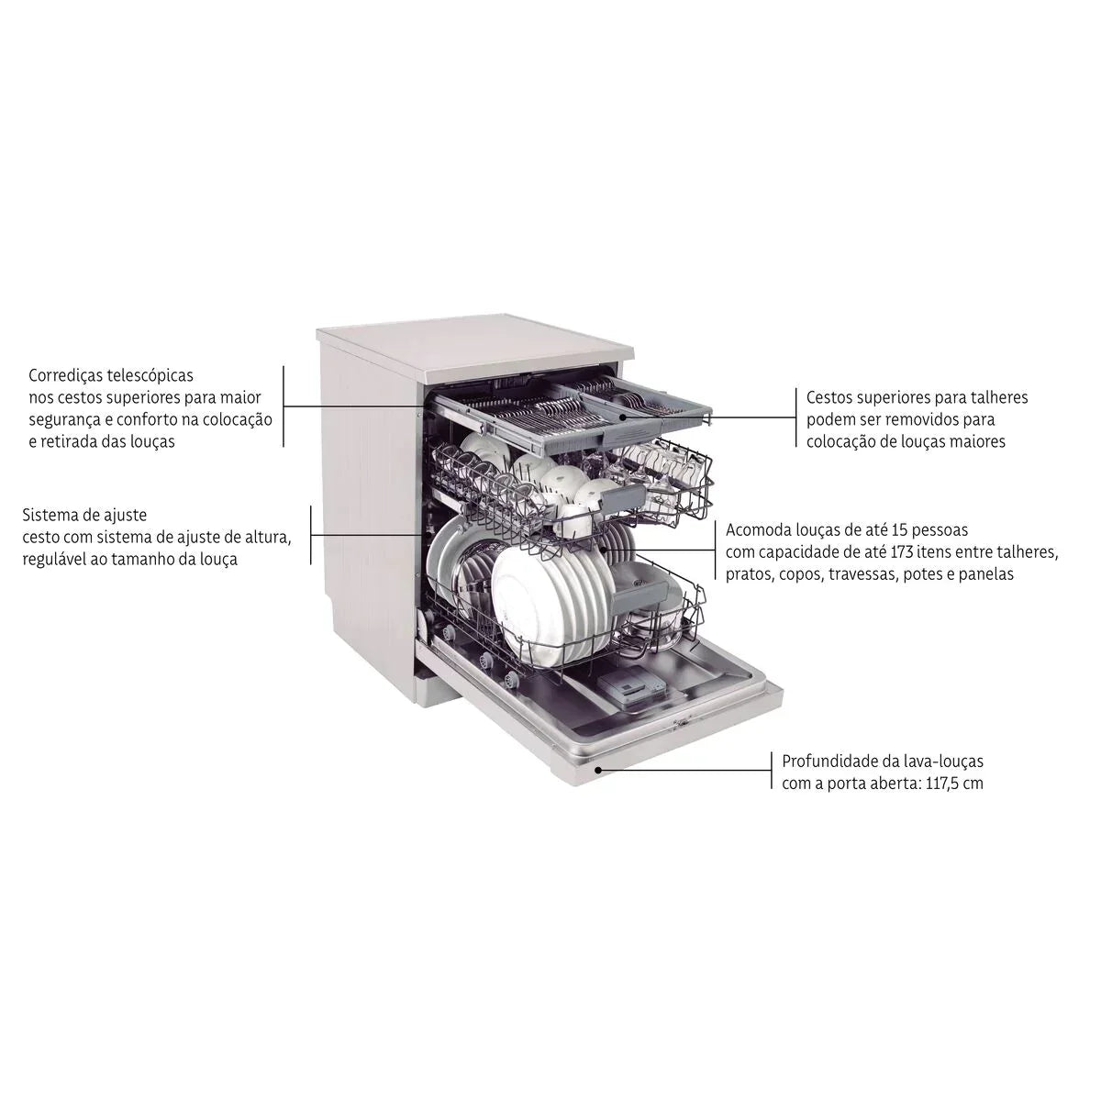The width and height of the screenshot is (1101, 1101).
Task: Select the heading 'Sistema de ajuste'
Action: click(84, 516)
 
